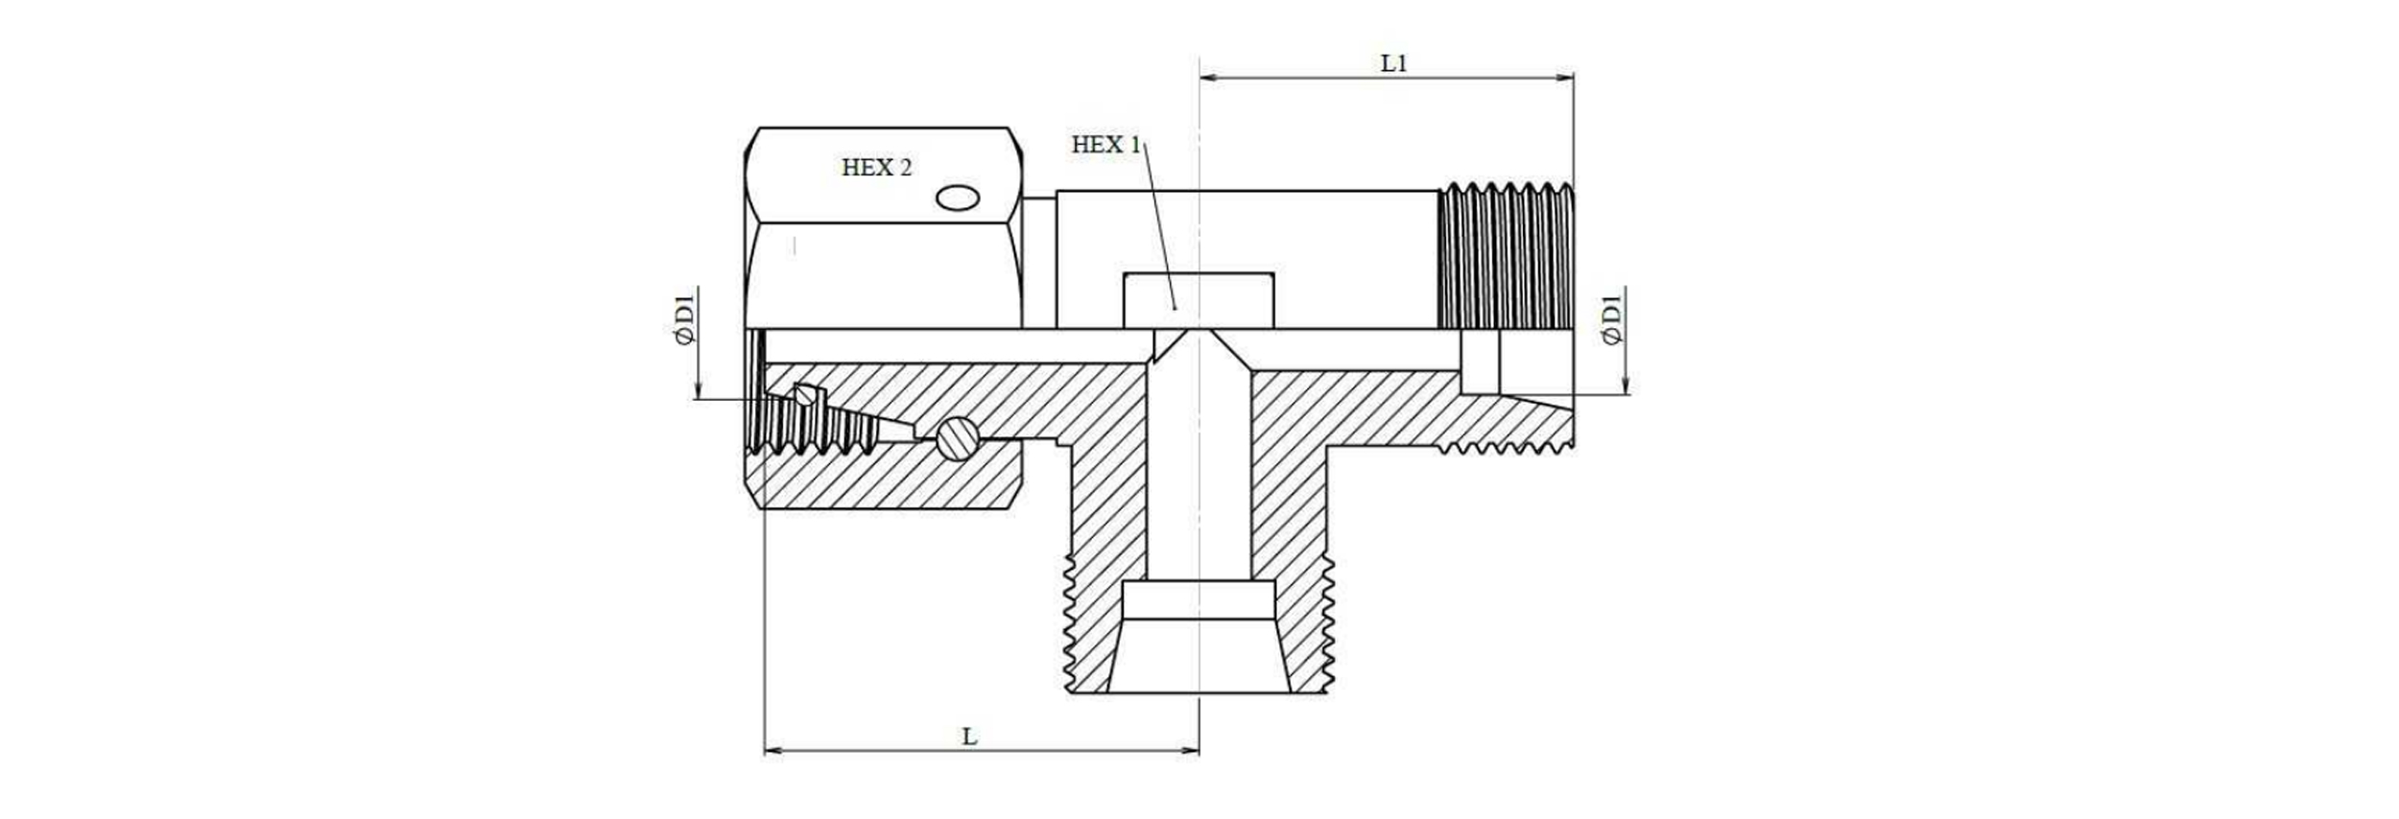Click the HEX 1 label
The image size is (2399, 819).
pyautogui.click(x=1105, y=145)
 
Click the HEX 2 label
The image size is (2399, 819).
pyautogui.click(x=876, y=168)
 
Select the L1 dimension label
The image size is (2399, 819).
pyautogui.click(x=1393, y=64)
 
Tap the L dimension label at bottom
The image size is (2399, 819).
pyautogui.click(x=970, y=737)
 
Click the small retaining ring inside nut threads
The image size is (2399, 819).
pyautogui.click(x=808, y=394)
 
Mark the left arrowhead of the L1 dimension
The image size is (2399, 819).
pyautogui.click(x=1207, y=78)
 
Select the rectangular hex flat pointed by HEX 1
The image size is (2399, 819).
pyautogui.click(x=1199, y=301)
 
